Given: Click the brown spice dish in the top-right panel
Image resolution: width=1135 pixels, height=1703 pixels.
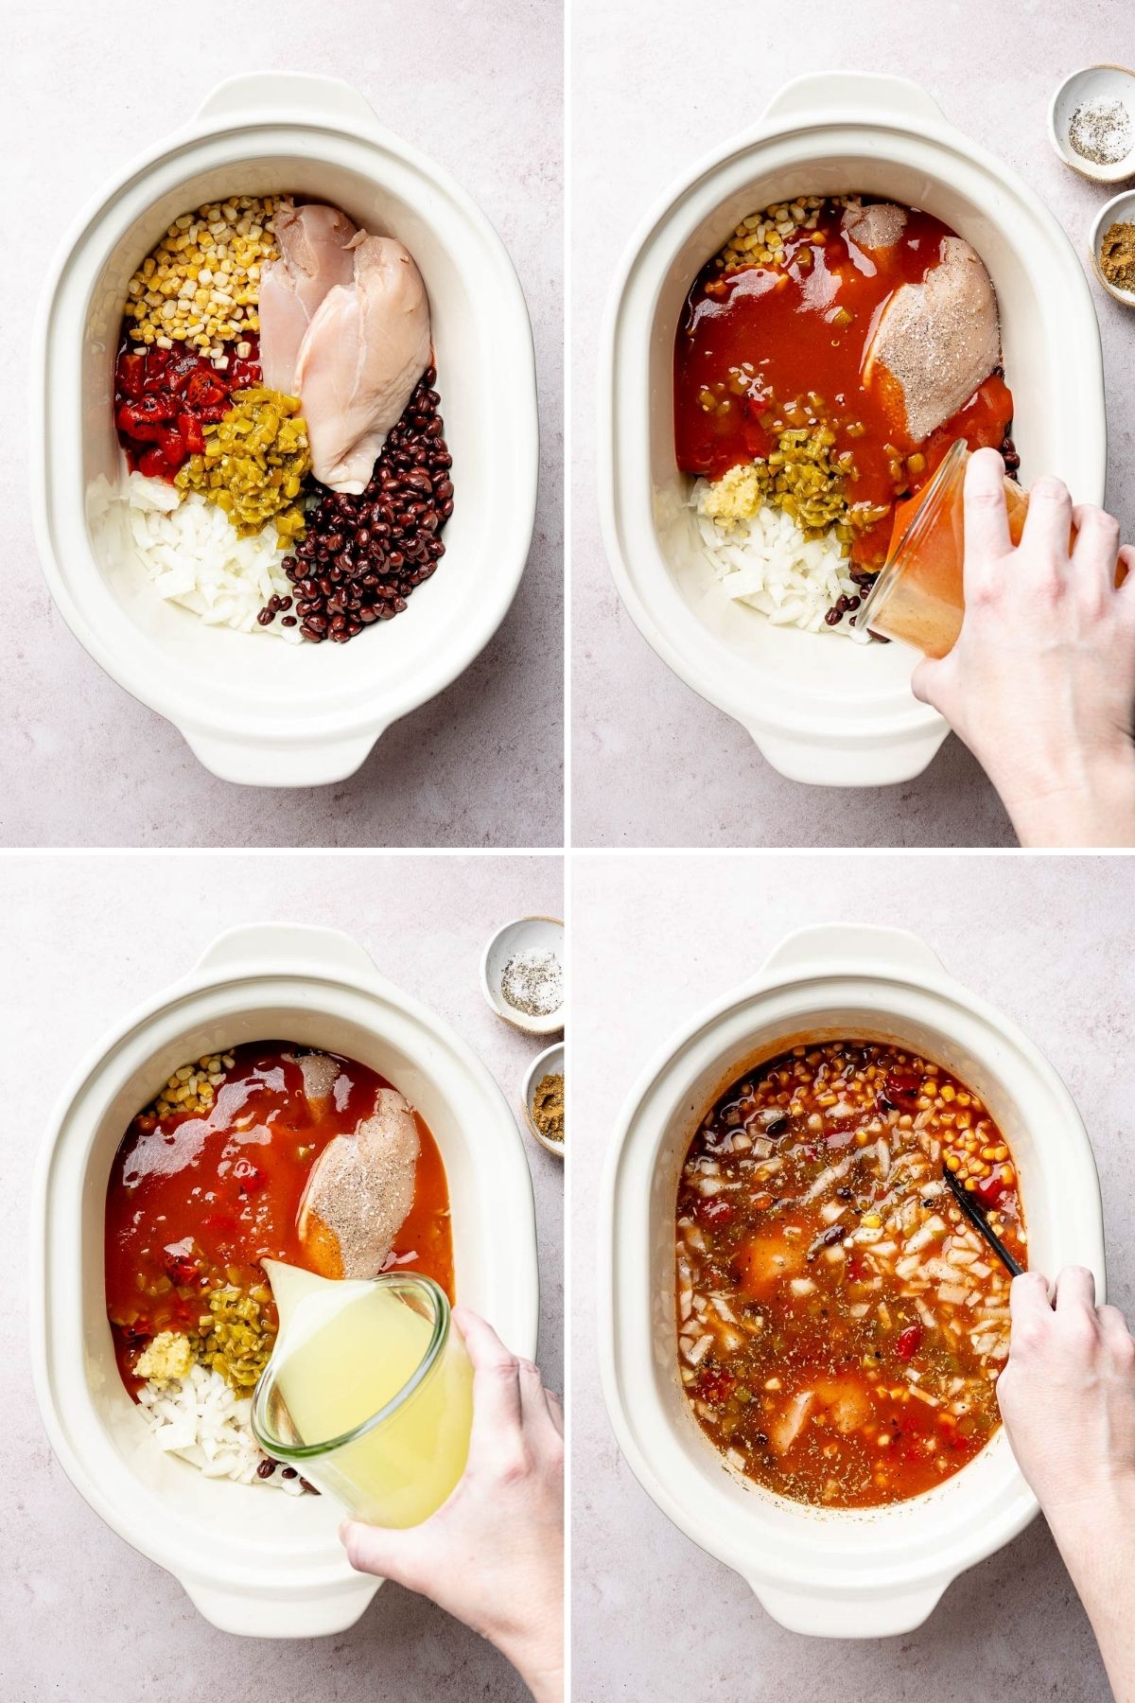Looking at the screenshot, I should (x=1116, y=246).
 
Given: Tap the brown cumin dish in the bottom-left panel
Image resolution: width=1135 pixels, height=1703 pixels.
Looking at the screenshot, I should (x=547, y=1097).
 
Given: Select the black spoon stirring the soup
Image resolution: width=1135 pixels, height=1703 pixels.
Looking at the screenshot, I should (x=984, y=1216).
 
